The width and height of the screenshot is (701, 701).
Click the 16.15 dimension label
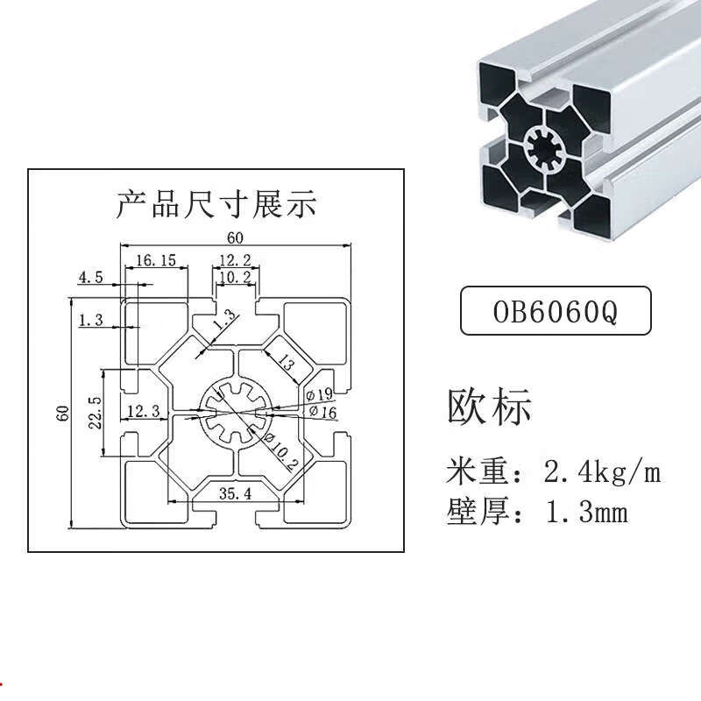coord(156,260)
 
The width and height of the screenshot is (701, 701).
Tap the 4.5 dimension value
coord(91,278)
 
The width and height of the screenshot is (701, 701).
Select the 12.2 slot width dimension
coord(235,259)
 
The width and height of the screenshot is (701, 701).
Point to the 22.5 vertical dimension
coord(95,412)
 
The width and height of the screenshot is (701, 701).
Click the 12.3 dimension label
coord(144,411)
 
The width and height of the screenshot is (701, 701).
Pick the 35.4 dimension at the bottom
coord(235,493)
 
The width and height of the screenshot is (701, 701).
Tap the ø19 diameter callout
coord(320,394)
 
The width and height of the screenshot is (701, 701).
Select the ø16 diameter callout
coord(322,412)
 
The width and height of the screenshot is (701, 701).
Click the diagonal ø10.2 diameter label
coord(280,451)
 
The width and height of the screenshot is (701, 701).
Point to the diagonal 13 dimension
coord(286,362)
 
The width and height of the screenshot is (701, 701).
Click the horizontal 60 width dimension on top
coord(235,237)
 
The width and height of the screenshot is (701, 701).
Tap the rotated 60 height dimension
coord(63,413)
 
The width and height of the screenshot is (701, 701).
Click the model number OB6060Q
coord(556,312)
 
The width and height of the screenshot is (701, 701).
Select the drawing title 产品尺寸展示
coord(216,204)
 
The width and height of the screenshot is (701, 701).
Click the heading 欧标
coord(489,407)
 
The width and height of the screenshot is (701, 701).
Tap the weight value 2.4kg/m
coord(602,472)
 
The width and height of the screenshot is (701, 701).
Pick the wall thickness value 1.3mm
coord(586,513)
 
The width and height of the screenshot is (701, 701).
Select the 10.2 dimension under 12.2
coord(235,277)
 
